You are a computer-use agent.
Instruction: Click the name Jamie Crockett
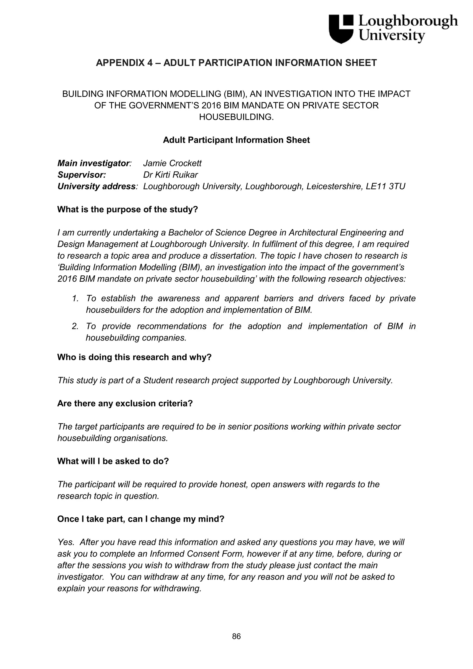tap(172, 163)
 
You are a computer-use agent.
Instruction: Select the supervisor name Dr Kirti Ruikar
tap(170, 175)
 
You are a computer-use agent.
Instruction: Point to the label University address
tap(97, 187)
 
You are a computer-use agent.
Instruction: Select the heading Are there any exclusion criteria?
tap(125, 404)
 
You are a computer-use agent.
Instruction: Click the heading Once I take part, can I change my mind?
tap(140, 519)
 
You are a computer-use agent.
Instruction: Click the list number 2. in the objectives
tap(75, 326)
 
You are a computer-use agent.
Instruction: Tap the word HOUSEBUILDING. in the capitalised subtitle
tap(236, 117)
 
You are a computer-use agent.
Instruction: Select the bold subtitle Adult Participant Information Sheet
tap(236, 140)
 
